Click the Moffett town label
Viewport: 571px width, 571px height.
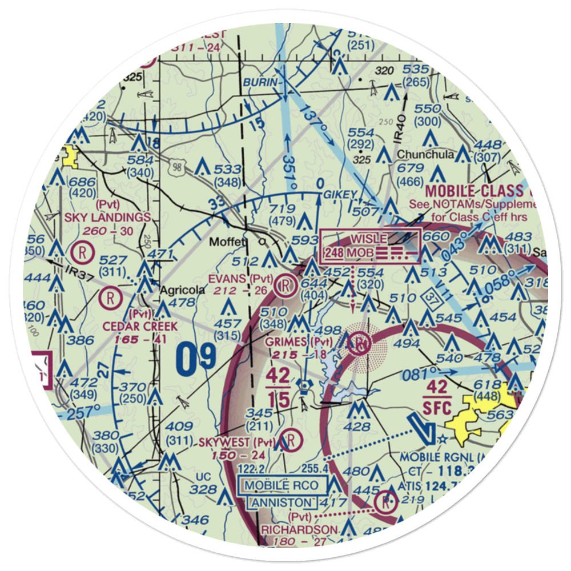click(x=227, y=242)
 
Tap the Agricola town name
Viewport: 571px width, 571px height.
click(x=181, y=289)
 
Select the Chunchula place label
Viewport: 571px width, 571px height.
click(x=425, y=154)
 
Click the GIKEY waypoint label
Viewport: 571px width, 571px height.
click(x=340, y=195)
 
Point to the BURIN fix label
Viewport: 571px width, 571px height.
click(x=260, y=83)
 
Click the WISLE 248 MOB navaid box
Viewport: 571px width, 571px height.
click(x=370, y=246)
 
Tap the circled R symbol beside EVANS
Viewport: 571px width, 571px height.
click(x=285, y=284)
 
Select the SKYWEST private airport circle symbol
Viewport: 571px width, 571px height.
click(x=291, y=440)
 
